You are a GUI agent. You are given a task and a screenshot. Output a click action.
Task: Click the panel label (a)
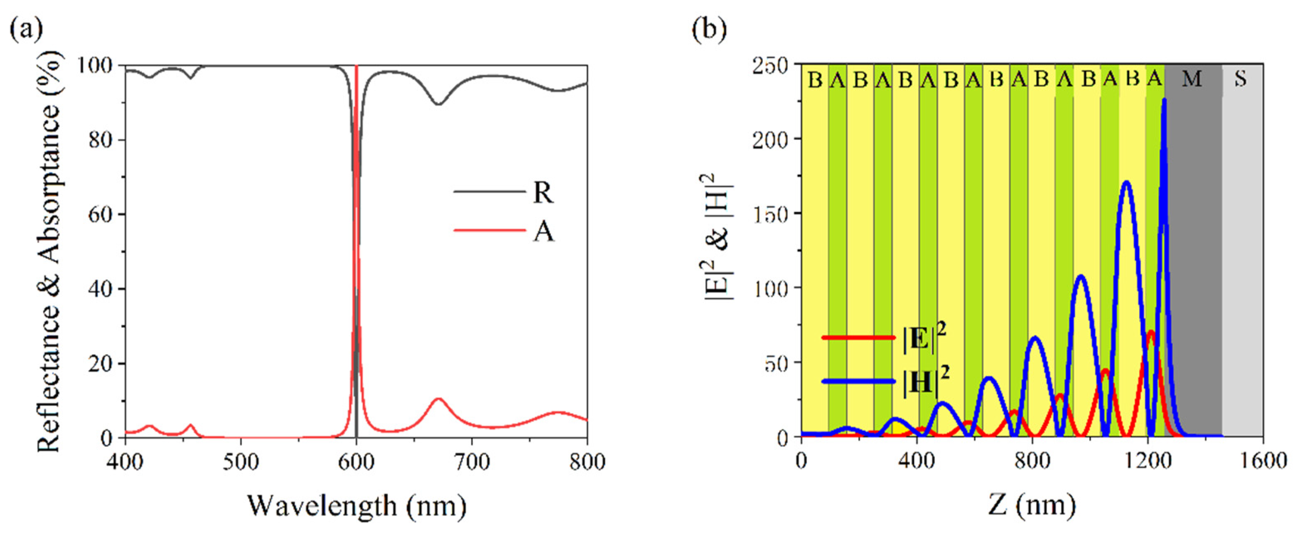point(26,29)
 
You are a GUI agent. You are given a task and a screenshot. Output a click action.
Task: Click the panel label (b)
point(709,29)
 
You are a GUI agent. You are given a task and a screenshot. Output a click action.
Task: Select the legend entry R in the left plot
point(543,192)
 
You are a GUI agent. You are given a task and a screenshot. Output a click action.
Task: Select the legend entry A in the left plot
point(543,232)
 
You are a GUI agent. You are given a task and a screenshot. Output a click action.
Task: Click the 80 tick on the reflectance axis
point(101,140)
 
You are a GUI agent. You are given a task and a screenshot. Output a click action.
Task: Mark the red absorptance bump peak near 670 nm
point(439,399)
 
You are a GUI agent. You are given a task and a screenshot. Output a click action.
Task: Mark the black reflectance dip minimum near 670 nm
point(439,104)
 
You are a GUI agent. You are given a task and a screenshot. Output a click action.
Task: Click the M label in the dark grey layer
point(1192,79)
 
